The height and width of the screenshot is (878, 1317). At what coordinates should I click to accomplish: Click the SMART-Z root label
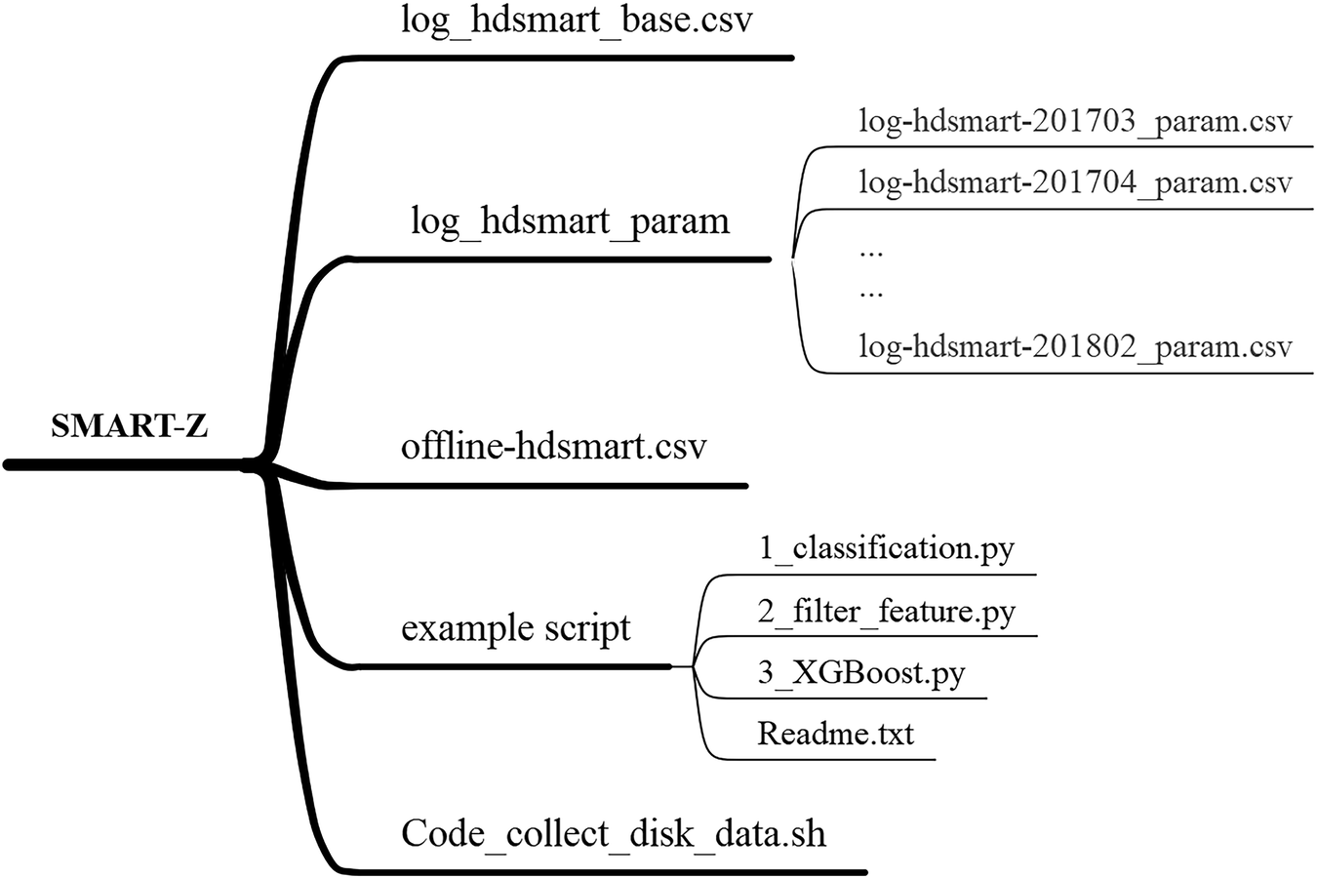pos(129,426)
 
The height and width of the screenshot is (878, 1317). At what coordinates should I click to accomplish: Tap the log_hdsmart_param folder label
pos(570,221)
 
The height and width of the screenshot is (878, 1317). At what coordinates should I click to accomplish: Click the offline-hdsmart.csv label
pos(553,447)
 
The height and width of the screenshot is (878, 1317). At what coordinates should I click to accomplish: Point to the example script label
pos(515,627)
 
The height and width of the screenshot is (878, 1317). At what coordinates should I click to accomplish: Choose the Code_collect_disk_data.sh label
pos(614,834)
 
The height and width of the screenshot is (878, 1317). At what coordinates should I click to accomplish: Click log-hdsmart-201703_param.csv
pos(1074,122)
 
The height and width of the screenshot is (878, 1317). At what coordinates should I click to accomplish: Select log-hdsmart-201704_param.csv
pos(1074,182)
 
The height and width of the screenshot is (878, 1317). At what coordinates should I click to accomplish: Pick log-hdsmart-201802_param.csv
pos(1074,347)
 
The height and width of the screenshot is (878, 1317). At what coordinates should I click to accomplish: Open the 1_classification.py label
pos(886,548)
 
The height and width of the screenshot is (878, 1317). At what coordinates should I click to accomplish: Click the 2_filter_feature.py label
pos(886,612)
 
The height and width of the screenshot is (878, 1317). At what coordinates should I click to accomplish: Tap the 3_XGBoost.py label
pos(860,673)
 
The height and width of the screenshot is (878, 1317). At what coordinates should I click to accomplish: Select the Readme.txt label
pos(835,733)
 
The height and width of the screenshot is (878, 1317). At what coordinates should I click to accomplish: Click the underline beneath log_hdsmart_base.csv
pos(576,58)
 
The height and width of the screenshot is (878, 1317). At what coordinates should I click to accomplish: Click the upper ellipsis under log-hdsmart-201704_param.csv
pos(870,253)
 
